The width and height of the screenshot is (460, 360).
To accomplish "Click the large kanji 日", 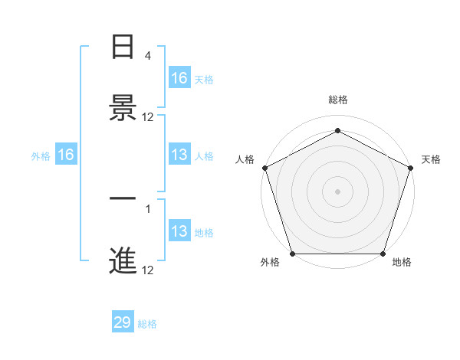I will tap(123, 47).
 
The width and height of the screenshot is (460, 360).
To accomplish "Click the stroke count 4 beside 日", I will tap(148, 56).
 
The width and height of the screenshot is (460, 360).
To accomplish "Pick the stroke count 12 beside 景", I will tap(148, 117).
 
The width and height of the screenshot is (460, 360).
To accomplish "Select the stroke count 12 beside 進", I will tap(148, 270).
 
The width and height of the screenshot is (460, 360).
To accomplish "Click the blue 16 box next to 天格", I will tap(179, 78).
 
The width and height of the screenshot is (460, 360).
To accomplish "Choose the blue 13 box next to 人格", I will tap(179, 155).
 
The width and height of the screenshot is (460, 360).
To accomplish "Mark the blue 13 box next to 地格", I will tap(179, 231).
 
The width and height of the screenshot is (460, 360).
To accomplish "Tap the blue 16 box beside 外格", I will tap(66, 155).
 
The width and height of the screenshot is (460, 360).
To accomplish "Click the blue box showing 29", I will tap(123, 322).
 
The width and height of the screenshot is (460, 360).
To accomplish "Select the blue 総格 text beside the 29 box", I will tap(147, 324).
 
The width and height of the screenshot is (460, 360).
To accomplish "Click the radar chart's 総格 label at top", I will tap(337, 100).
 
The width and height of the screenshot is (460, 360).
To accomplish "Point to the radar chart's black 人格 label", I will tap(245, 159).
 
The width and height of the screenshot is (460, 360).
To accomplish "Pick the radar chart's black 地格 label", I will tap(402, 263).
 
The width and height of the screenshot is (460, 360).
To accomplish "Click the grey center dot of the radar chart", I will tap(337, 191).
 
